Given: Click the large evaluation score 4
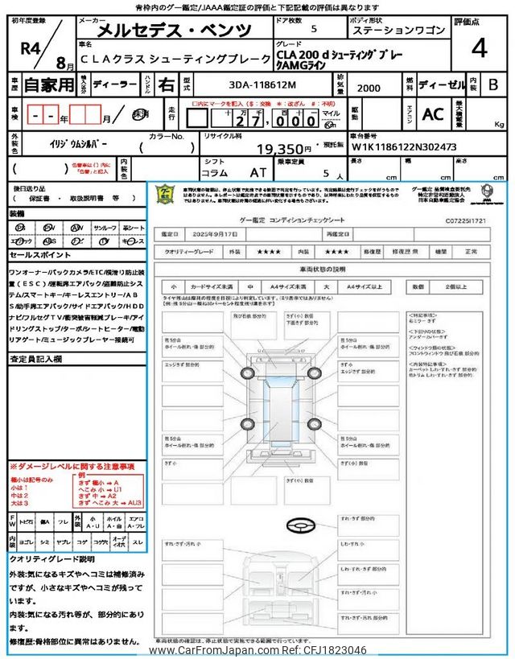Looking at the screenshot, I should point(480,49).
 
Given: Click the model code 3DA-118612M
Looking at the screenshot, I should point(246,84).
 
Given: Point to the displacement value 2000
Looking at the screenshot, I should point(369,89).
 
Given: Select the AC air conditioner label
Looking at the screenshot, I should point(433,114).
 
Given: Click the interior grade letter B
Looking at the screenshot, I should point(493,84).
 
